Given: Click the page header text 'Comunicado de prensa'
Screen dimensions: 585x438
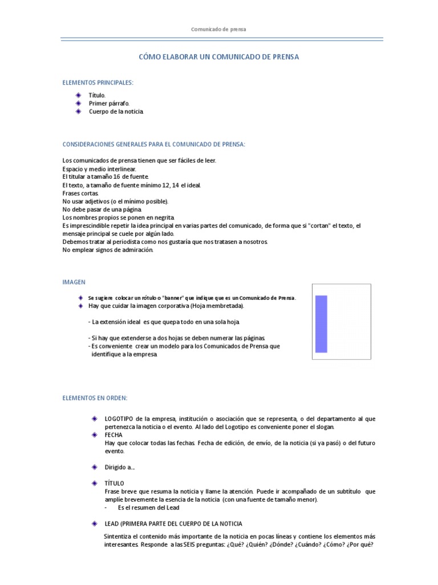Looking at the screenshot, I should click(x=218, y=29).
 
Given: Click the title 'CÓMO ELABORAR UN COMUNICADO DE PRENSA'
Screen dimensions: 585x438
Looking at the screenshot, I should click(x=219, y=57).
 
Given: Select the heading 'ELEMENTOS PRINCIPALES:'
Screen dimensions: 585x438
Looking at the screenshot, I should click(x=98, y=83).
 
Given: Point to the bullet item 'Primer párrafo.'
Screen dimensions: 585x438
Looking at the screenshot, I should click(x=109, y=103).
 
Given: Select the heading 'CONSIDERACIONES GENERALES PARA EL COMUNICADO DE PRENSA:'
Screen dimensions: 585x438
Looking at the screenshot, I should click(x=153, y=144).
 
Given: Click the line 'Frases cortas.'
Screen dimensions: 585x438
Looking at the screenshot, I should click(x=80, y=194).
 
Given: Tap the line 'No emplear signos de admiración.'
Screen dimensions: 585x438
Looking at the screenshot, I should click(x=108, y=250).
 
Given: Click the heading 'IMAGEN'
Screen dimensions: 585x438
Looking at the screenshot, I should click(x=74, y=282).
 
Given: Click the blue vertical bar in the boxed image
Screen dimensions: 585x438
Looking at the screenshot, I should click(x=321, y=324).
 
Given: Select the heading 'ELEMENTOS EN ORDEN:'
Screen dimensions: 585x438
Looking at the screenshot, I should click(x=95, y=398).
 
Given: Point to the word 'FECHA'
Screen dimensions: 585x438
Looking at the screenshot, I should click(x=113, y=435).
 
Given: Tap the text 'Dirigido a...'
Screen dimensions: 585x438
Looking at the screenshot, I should click(x=120, y=467).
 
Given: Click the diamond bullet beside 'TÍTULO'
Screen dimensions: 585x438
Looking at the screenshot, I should click(x=95, y=483).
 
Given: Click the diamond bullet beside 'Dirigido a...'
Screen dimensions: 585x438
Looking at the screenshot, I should click(x=95, y=467).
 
